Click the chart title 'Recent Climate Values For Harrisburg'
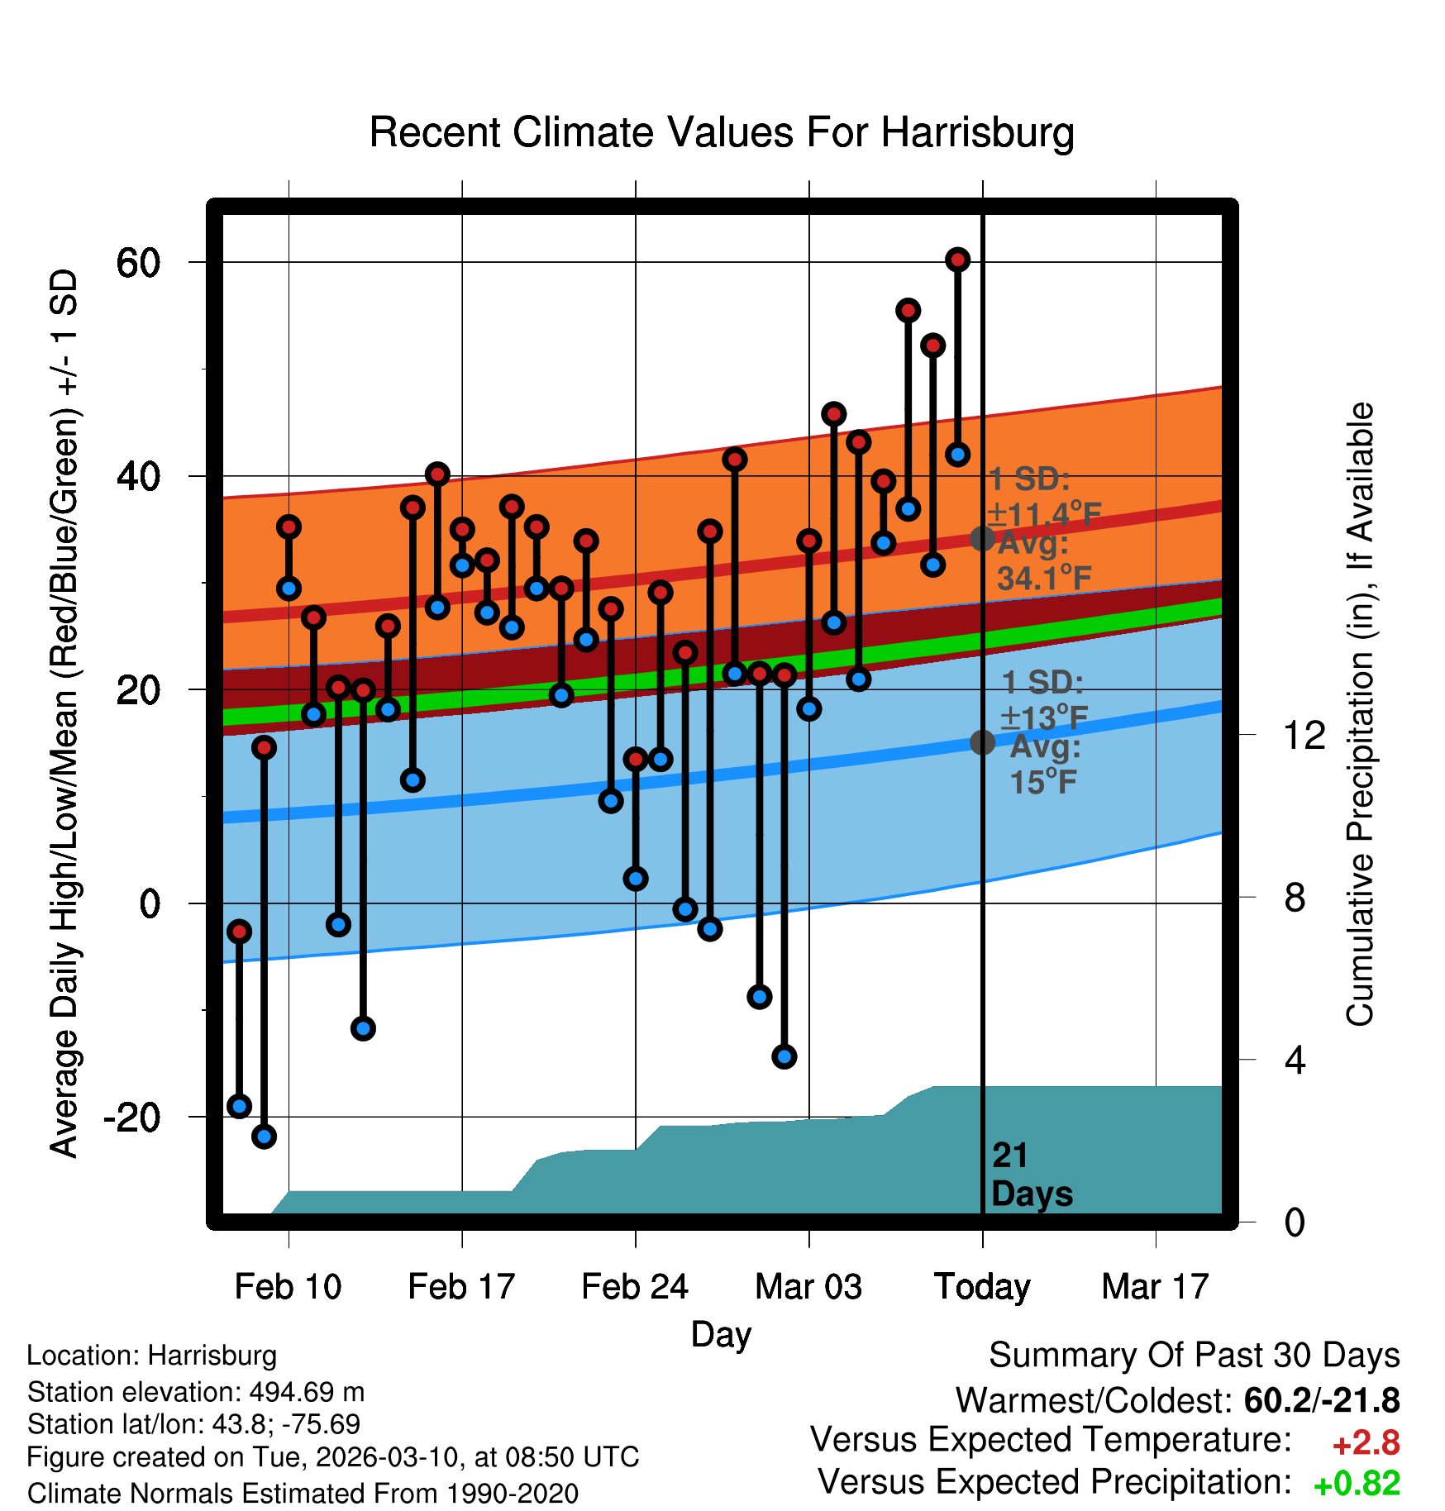pyautogui.click(x=722, y=132)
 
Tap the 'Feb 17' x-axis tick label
pyautogui.click(x=461, y=1287)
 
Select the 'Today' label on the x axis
pyautogui.click(x=982, y=1287)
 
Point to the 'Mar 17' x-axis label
pyautogui.click(x=1155, y=1287)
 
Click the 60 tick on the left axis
pyautogui.click(x=138, y=263)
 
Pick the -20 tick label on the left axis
pyautogui.click(x=132, y=1118)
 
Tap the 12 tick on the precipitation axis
pyautogui.click(x=1304, y=735)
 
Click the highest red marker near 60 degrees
pyautogui.click(x=957, y=260)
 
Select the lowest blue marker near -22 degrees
pyautogui.click(x=264, y=1137)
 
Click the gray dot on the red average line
pyautogui.click(x=982, y=539)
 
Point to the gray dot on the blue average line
pyautogui.click(x=982, y=742)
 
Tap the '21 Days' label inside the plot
pyautogui.click(x=1031, y=1175)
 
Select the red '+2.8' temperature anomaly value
pyautogui.click(x=1366, y=1443)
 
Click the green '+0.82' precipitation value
pyautogui.click(x=1357, y=1484)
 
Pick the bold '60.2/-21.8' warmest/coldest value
pyautogui.click(x=1321, y=1400)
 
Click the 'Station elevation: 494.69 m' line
pyautogui.click(x=196, y=1392)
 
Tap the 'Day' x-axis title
pyautogui.click(x=721, y=1334)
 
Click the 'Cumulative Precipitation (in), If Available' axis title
pyautogui.click(x=1360, y=714)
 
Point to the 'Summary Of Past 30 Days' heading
pyautogui.click(x=1194, y=1356)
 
